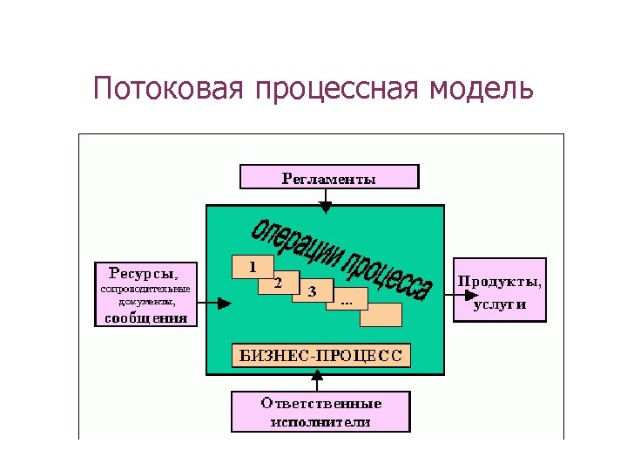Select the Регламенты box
(x=328, y=179)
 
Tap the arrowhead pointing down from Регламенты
(x=325, y=208)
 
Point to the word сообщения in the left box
(x=145, y=317)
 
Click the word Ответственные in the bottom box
(x=321, y=404)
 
